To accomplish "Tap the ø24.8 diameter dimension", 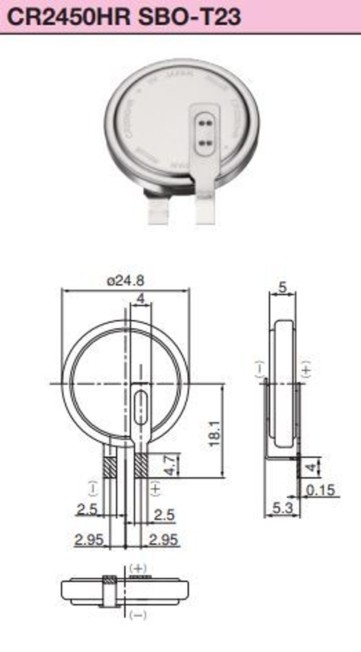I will point(126,281).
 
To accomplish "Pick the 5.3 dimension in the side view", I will point(282,508).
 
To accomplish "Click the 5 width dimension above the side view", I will point(283,288).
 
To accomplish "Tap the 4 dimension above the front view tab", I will point(140,299).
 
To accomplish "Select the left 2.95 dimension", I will point(89,540).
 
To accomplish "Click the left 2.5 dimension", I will point(87,509).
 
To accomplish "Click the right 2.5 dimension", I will point(164,514).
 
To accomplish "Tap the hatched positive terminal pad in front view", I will point(141,466).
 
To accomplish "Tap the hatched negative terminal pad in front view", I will point(110,466).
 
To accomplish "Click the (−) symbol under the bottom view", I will point(138,614).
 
